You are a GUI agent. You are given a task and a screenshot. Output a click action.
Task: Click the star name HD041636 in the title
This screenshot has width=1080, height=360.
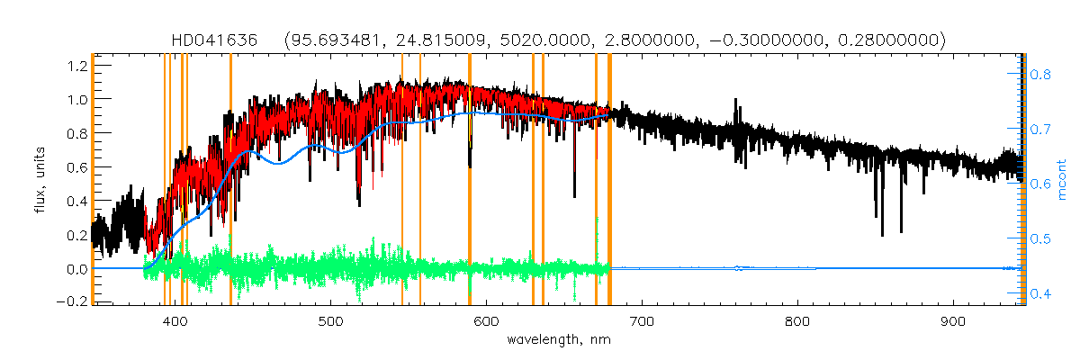(x=215, y=40)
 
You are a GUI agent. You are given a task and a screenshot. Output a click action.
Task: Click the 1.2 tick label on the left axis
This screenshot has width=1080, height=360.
(x=76, y=65)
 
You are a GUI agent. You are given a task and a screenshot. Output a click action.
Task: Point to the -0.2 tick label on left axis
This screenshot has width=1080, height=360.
(x=71, y=302)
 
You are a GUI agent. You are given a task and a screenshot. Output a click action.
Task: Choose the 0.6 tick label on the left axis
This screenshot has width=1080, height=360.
(x=76, y=166)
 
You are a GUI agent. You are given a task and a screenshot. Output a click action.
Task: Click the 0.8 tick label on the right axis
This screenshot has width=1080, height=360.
(x=1040, y=76)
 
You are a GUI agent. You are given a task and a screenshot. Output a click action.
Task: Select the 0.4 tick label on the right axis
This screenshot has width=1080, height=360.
(x=1040, y=294)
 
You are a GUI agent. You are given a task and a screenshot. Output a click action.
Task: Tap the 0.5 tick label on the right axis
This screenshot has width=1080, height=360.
(x=1040, y=239)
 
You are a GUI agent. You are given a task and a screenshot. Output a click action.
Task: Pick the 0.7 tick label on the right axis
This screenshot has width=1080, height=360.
(x=1040, y=130)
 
